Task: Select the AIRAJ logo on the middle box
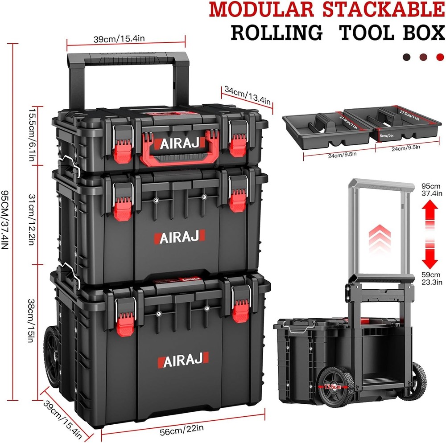pyautogui.click(x=180, y=237)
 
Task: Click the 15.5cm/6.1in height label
pyautogui.click(x=32, y=136)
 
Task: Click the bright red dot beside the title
pyautogui.click(x=440, y=57)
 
